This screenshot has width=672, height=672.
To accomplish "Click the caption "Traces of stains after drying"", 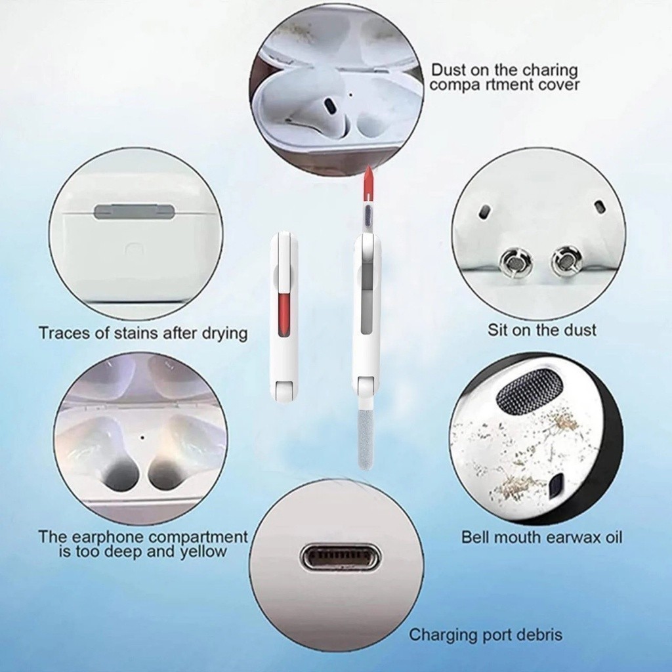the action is point(143,333).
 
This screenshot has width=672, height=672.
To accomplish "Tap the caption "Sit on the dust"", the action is point(541,330).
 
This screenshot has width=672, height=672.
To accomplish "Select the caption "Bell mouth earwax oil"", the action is point(541,537).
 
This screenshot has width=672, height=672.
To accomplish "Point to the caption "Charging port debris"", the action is point(486,635).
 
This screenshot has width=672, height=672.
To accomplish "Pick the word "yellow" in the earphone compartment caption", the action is point(203,552).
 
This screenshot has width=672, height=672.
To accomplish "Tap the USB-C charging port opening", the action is point(337,556).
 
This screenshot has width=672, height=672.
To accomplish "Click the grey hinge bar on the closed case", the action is point(134,211).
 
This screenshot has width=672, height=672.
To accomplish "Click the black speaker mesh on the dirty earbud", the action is point(530,392).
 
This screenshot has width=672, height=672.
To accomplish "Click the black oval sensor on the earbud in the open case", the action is point(331,106).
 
